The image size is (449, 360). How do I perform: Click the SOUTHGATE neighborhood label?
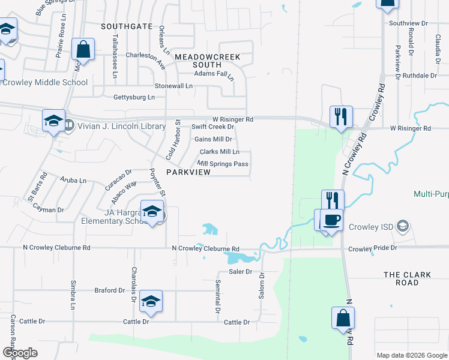[x=127, y=26]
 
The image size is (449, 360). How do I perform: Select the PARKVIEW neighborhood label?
[x=188, y=172]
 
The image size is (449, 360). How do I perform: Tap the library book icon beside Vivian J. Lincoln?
[x=70, y=125]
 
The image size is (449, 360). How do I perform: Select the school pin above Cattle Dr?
[x=151, y=301]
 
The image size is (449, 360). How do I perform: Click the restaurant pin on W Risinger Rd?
[x=341, y=116]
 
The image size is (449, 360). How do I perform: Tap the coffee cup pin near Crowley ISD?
[x=332, y=220]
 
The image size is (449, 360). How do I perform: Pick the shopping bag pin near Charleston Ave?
[x=83, y=50]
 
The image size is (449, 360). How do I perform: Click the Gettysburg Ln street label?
[x=134, y=97]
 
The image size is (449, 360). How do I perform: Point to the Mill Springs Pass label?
[x=223, y=164]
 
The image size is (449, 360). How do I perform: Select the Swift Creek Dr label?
[x=212, y=127]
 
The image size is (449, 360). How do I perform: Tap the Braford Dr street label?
[x=109, y=290]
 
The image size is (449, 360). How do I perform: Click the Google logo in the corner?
[x=20, y=353]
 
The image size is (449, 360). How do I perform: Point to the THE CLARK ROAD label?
[x=408, y=279]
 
